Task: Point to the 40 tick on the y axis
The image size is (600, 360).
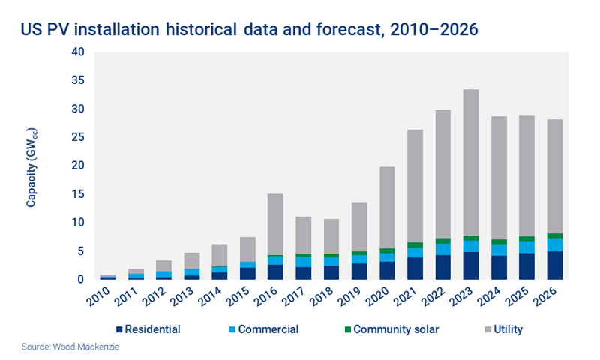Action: [79, 52]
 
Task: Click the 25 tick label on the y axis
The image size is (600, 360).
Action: [79, 138]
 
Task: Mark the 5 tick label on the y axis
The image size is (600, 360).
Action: [82, 251]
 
